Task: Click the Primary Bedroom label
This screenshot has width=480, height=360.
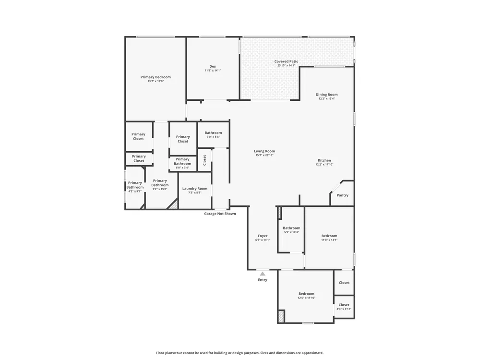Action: (156, 77)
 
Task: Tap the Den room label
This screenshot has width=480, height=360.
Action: (213, 66)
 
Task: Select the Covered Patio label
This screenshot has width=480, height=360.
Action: (286, 61)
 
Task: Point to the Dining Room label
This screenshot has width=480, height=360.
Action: (326, 95)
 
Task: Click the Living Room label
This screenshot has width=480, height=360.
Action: (264, 151)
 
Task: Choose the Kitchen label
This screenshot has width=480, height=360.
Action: (324, 160)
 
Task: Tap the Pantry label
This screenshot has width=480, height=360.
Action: (343, 195)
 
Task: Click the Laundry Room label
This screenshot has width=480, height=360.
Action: (195, 189)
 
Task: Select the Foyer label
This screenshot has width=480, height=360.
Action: (263, 236)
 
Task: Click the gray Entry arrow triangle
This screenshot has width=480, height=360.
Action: (263, 274)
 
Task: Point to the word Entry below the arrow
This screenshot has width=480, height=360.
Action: (263, 280)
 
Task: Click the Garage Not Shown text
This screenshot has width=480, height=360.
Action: (220, 214)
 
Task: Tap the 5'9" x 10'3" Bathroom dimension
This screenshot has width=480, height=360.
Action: (291, 232)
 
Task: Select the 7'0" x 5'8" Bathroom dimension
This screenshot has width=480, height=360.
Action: (214, 137)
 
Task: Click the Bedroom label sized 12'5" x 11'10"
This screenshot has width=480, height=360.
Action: (306, 294)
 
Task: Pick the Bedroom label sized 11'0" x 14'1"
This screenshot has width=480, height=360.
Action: (329, 236)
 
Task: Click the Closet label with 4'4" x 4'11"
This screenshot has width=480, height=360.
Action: (344, 305)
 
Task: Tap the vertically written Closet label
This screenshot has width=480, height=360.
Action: (204, 160)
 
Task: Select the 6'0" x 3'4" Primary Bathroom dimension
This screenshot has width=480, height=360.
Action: (182, 168)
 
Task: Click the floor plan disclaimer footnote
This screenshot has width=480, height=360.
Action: (240, 353)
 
